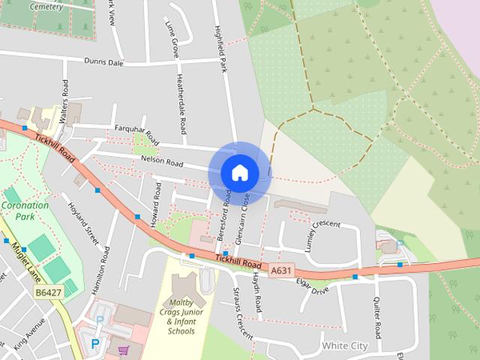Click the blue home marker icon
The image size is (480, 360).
(239, 173)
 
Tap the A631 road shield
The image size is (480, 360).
(281, 270)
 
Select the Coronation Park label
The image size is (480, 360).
(25, 211)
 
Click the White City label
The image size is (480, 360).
(344, 346)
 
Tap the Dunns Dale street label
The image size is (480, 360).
(103, 62)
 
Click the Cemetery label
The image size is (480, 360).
(46, 6)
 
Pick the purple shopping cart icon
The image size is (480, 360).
(123, 349)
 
